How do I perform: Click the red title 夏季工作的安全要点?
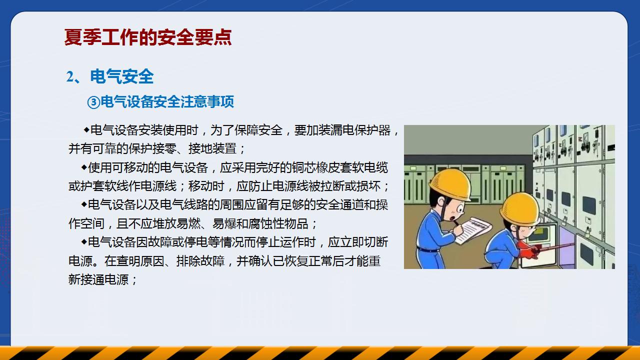click(147, 37)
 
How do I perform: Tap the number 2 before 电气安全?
click(69, 77)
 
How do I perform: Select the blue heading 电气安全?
click(122, 76)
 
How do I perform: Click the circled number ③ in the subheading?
click(93, 102)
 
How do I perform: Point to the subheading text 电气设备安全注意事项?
click(167, 101)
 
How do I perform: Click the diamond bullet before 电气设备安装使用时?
click(86, 130)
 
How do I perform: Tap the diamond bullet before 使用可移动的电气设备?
click(84, 167)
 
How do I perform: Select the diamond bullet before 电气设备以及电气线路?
click(84, 204)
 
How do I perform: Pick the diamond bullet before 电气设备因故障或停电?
click(84, 241)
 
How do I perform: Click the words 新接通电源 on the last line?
click(98, 279)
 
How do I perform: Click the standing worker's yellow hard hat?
click(449, 183)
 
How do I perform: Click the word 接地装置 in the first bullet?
click(212, 148)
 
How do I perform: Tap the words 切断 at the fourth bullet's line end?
click(376, 242)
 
